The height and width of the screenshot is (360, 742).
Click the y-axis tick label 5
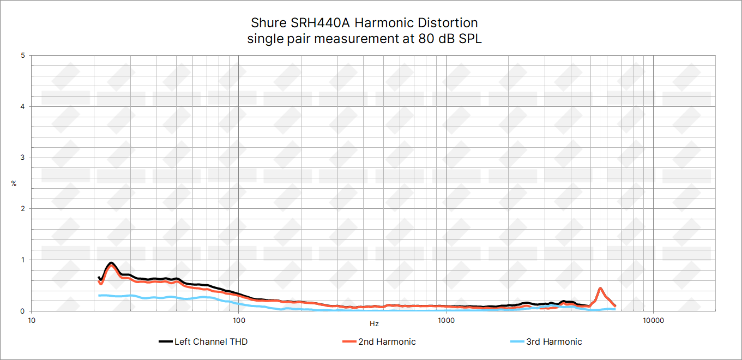pos(22,56)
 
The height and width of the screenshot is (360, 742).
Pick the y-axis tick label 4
pos(22,107)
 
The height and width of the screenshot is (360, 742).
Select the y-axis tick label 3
pos(22,158)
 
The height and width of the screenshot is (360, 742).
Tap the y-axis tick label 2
pos(22,209)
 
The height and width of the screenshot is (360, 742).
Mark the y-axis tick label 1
pos(22,260)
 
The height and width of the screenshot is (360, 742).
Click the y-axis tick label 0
pos(22,311)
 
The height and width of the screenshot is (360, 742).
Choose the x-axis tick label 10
pos(32,320)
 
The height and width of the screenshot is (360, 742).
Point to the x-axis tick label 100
pos(239,320)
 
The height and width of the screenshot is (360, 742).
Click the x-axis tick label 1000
pos(446,320)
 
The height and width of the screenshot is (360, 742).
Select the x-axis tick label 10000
pos(653,320)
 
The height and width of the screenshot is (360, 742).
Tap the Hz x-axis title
pos(374,324)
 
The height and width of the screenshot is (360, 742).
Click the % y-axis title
pos(14,184)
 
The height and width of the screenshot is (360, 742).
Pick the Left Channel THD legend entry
pos(210,342)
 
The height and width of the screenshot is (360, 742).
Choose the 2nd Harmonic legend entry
pos(387,342)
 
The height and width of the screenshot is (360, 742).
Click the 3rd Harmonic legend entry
pos(554,342)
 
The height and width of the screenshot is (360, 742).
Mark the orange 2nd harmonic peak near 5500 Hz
pos(600,289)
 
